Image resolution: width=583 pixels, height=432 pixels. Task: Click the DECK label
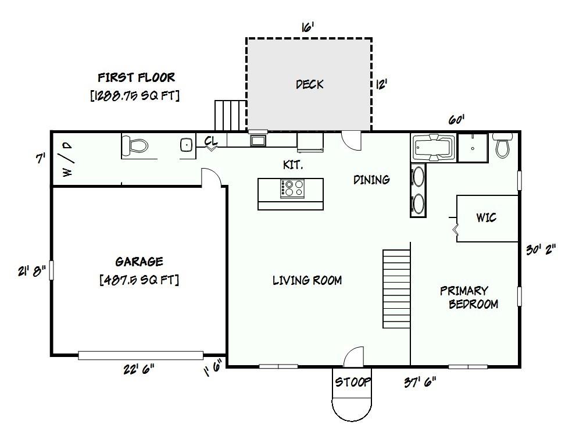310,84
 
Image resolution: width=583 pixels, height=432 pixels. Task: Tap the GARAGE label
139,262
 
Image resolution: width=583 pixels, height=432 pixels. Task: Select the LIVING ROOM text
307,280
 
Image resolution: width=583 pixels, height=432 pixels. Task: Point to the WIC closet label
487,217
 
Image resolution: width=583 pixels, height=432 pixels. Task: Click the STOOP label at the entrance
353,382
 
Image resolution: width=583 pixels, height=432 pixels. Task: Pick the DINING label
371,180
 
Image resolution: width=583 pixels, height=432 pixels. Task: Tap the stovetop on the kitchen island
292,188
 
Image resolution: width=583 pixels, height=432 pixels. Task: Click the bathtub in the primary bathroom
434,147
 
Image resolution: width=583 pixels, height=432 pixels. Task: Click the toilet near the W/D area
135,145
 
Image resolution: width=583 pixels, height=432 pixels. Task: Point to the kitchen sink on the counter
258,141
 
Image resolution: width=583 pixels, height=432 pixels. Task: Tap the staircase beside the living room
397,289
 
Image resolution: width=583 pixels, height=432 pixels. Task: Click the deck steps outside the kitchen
231,115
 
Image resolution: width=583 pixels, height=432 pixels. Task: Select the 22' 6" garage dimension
139,369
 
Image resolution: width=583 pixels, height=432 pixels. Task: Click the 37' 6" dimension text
420,382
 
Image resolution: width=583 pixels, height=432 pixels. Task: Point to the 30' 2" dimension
541,249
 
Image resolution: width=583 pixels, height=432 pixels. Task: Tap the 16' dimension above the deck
308,27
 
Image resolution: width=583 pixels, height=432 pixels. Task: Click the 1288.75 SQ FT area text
135,96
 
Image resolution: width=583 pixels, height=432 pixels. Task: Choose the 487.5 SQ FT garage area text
139,280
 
